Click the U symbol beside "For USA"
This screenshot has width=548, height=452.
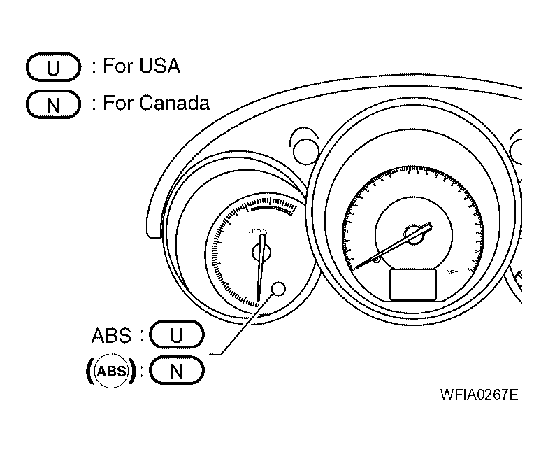[54, 68]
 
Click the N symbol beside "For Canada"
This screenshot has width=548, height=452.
[54, 105]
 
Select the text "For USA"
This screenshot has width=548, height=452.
[141, 66]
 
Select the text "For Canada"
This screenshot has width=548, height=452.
[156, 104]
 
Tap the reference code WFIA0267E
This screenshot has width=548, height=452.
[479, 394]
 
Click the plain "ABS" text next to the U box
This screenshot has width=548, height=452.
[111, 335]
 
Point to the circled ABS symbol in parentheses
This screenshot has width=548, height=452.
[111, 371]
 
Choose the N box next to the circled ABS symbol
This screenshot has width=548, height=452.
[177, 371]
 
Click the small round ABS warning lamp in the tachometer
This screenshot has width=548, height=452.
[277, 289]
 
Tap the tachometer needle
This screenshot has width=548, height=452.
[261, 269]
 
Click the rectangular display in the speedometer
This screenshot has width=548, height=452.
[413, 285]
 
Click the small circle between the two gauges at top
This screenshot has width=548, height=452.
[305, 148]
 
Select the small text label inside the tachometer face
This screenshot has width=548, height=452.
[262, 230]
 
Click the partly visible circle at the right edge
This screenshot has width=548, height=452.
[519, 149]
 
